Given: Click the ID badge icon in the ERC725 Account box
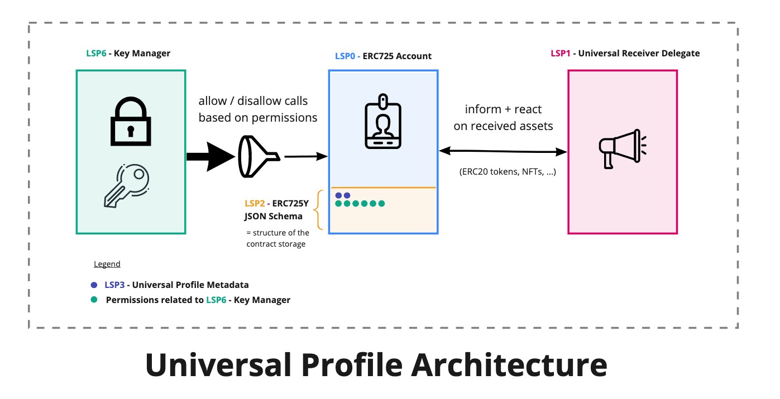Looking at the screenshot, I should pyautogui.click(x=383, y=122).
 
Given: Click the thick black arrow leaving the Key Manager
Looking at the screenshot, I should pyautogui.click(x=209, y=157).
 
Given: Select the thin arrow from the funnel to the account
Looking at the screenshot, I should pyautogui.click(x=305, y=157).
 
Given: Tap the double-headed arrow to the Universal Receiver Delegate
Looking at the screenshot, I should pyautogui.click(x=503, y=151).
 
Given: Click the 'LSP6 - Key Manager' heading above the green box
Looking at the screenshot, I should pyautogui.click(x=128, y=54).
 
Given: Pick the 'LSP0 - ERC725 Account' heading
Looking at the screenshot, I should pyautogui.click(x=383, y=56).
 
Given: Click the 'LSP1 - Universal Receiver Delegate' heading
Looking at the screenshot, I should pyautogui.click(x=625, y=54).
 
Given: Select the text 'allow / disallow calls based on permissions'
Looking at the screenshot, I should pyautogui.click(x=257, y=109).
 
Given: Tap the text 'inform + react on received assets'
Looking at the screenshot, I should pyautogui.click(x=503, y=117).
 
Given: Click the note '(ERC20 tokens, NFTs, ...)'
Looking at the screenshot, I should pyautogui.click(x=508, y=172).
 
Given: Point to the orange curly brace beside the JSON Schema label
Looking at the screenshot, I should pyautogui.click(x=320, y=210).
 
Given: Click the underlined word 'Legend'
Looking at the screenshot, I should pyautogui.click(x=107, y=264).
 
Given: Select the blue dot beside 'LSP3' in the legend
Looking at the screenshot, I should pyautogui.click(x=94, y=285).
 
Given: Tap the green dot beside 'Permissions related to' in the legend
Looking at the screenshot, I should pyautogui.click(x=94, y=300).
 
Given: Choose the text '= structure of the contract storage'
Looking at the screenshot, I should pyautogui.click(x=277, y=238).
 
